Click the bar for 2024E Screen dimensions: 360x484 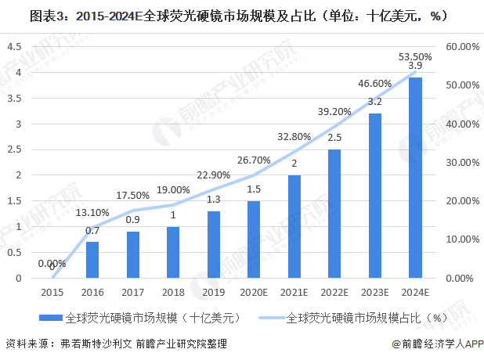tap(415, 178)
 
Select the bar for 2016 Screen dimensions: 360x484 tap(92, 260)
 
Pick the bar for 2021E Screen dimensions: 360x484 tap(294, 226)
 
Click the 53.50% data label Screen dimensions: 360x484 tap(415, 56)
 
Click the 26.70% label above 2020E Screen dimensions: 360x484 tap(255, 160)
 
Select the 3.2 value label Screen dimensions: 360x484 tap(375, 102)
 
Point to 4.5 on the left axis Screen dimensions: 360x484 tap(14, 47)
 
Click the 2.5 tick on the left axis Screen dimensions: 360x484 tap(14, 149)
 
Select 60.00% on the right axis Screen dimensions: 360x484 tap(462, 47)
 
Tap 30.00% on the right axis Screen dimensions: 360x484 tap(462, 162)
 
